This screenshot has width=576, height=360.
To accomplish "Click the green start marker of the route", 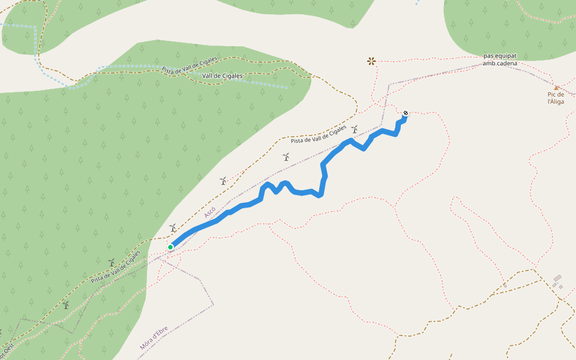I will point(170,247).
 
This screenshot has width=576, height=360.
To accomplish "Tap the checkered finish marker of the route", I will point(406,113).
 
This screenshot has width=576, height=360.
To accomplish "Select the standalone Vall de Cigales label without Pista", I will point(223,76).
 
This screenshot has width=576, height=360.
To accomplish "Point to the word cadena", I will point(506,64).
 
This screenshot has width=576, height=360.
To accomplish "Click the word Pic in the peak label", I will point(553,94).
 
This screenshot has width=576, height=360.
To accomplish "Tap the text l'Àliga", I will point(556,102).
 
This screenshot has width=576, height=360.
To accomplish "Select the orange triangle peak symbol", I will point(556,88).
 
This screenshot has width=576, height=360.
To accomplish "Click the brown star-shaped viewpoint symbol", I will point(371,61).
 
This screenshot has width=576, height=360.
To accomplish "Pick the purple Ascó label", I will point(209,212).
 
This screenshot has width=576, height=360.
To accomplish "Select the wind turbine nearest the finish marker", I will point(355,129).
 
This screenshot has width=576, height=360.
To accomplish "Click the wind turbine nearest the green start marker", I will point(173,228).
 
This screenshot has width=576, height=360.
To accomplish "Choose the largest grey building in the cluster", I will point(557,278).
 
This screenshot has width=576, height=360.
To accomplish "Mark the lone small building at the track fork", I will point(504,285).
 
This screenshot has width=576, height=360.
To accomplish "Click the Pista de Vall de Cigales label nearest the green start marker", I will point(115,267).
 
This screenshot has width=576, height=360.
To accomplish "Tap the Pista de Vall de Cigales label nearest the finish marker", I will point(319,135).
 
